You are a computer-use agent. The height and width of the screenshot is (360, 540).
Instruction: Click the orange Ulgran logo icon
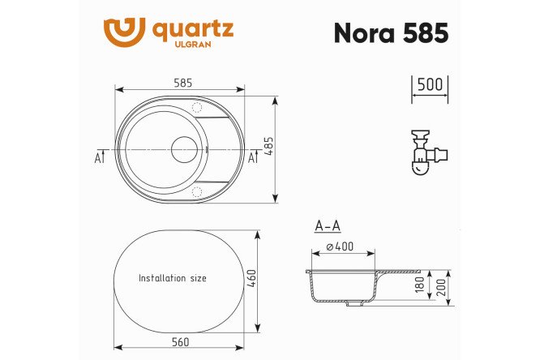[x=124, y=32]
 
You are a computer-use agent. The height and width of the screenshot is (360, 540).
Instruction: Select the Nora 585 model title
[x=390, y=32]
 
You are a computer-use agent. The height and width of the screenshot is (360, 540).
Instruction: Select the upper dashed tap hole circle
[x=197, y=107]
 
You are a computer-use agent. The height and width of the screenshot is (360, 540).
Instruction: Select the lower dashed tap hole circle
[x=197, y=191]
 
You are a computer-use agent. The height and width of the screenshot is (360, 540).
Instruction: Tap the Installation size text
[x=172, y=278]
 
